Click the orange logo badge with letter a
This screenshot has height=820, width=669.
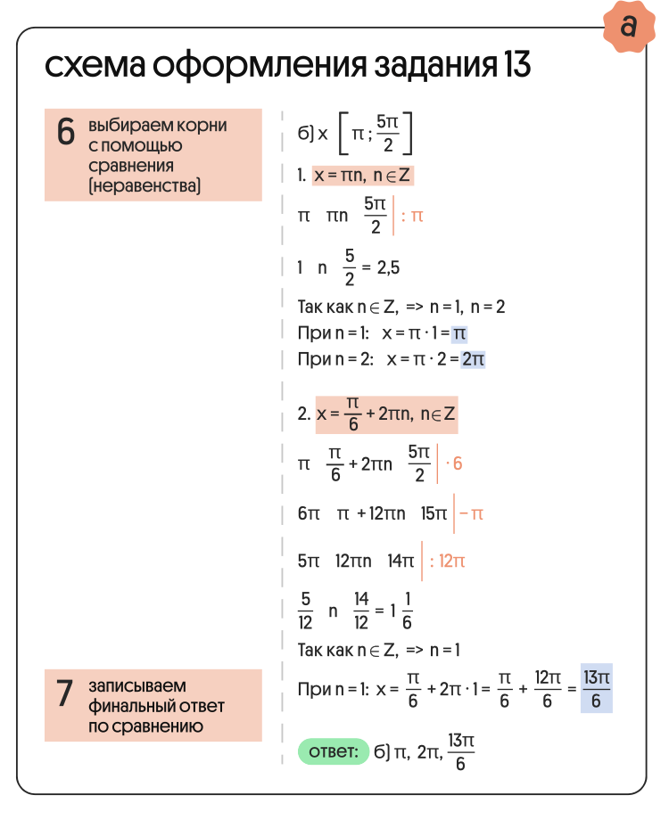tap(629, 27)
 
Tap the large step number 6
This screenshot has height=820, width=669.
tap(65, 133)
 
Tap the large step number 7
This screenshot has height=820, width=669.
tap(65, 693)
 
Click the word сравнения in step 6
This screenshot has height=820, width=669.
tap(130, 166)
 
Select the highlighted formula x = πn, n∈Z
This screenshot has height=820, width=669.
tap(363, 176)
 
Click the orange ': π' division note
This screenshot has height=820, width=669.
tap(412, 215)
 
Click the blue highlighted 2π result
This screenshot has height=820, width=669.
tap(472, 359)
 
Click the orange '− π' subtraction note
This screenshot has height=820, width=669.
tap(471, 514)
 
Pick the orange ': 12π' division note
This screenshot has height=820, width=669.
tap(447, 562)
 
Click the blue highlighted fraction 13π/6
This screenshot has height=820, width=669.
tap(596, 690)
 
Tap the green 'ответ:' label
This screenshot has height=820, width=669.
tap(333, 751)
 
